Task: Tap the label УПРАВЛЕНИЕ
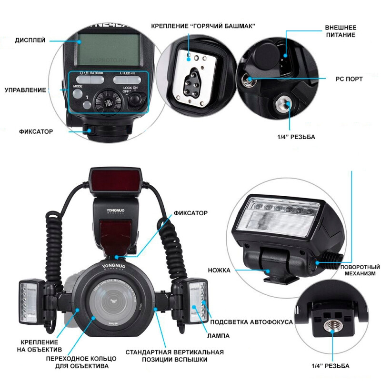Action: [x=25, y=90]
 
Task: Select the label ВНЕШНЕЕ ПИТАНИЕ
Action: [x=340, y=31]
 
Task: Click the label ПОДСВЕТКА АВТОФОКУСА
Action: [x=251, y=322]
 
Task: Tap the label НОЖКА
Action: [x=219, y=270]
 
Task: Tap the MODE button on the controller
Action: [x=78, y=93]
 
